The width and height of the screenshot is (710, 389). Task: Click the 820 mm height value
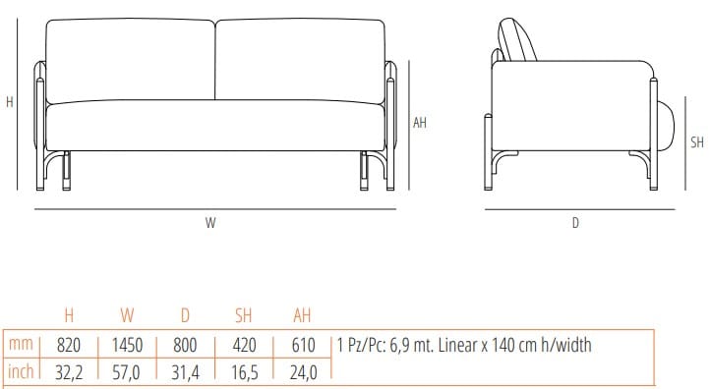pos(68,346)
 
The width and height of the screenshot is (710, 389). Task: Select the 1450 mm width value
pos(127,346)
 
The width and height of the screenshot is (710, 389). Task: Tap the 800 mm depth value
pos(186,346)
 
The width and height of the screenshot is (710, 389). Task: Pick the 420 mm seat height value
pos(245,346)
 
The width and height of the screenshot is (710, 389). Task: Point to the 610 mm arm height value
pos(303,346)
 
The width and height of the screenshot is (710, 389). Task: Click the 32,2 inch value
pos(68,372)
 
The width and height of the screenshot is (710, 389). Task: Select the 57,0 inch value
pos(127,372)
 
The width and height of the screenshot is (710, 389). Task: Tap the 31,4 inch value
pos(186,372)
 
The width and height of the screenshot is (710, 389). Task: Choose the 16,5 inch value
pos(245,372)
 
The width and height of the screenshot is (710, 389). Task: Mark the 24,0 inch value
pos(303,372)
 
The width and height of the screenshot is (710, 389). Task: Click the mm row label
pos(20,346)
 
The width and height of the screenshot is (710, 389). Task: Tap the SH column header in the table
pos(245,315)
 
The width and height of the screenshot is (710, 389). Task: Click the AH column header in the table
pos(303,315)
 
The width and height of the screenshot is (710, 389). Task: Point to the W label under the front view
pos(210,223)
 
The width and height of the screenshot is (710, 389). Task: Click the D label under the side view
pos(575,223)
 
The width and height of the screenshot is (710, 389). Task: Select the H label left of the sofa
pos(9,101)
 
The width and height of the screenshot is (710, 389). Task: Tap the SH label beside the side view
pos(696,142)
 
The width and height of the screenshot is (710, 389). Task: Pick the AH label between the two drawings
pos(420,123)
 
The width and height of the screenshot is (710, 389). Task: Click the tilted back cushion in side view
pos(517,40)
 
